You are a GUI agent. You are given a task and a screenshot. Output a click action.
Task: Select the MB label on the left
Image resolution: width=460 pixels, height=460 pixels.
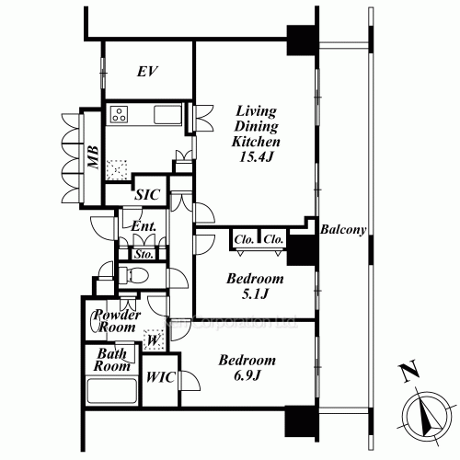93,159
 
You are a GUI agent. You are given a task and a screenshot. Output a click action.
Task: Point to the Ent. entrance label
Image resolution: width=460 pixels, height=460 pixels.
143,226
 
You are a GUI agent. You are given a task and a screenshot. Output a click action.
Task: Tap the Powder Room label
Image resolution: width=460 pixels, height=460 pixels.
117,321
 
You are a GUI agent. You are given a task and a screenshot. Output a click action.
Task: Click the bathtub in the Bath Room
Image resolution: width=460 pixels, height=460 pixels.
110,392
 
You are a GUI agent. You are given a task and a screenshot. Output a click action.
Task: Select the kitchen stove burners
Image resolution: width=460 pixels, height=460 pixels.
120,115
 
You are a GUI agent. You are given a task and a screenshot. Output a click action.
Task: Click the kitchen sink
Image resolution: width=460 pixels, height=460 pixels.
169,115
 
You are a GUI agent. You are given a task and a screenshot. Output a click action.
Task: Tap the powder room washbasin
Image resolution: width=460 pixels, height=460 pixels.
100,322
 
